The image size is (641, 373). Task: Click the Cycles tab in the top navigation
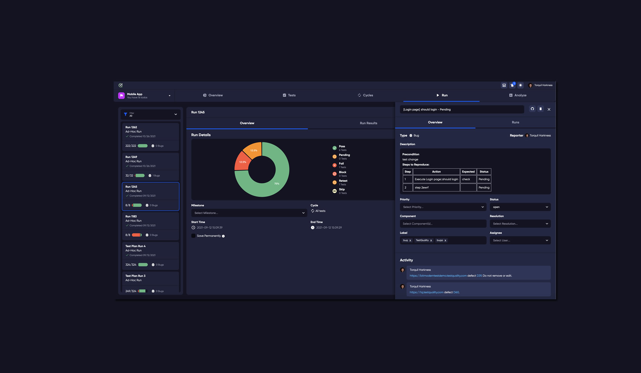pyautogui.click(x=365, y=95)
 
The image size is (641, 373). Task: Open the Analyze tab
pyautogui.click(x=518, y=95)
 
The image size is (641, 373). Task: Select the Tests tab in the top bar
pyautogui.click(x=289, y=95)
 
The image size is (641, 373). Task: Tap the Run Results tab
pyautogui.click(x=368, y=123)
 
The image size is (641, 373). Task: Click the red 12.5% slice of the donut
pyautogui.click(x=242, y=162)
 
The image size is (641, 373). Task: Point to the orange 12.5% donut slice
pyautogui.click(x=253, y=149)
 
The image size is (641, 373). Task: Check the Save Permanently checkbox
pyautogui.click(x=193, y=236)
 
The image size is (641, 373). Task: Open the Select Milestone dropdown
pyautogui.click(x=249, y=213)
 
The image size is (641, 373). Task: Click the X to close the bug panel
pyautogui.click(x=549, y=110)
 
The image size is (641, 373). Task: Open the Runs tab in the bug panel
pyautogui.click(x=515, y=123)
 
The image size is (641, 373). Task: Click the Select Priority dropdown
pyautogui.click(x=443, y=207)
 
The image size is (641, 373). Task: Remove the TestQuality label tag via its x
pyautogui.click(x=431, y=241)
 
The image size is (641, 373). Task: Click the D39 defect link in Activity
pyautogui.click(x=479, y=276)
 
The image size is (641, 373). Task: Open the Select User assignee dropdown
pyautogui.click(x=520, y=241)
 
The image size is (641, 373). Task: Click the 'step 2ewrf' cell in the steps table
pyautogui.click(x=436, y=187)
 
